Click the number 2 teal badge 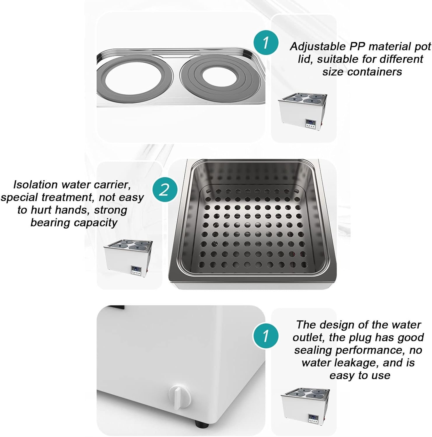tap(165, 190)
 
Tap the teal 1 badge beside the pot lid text tap(265, 42)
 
